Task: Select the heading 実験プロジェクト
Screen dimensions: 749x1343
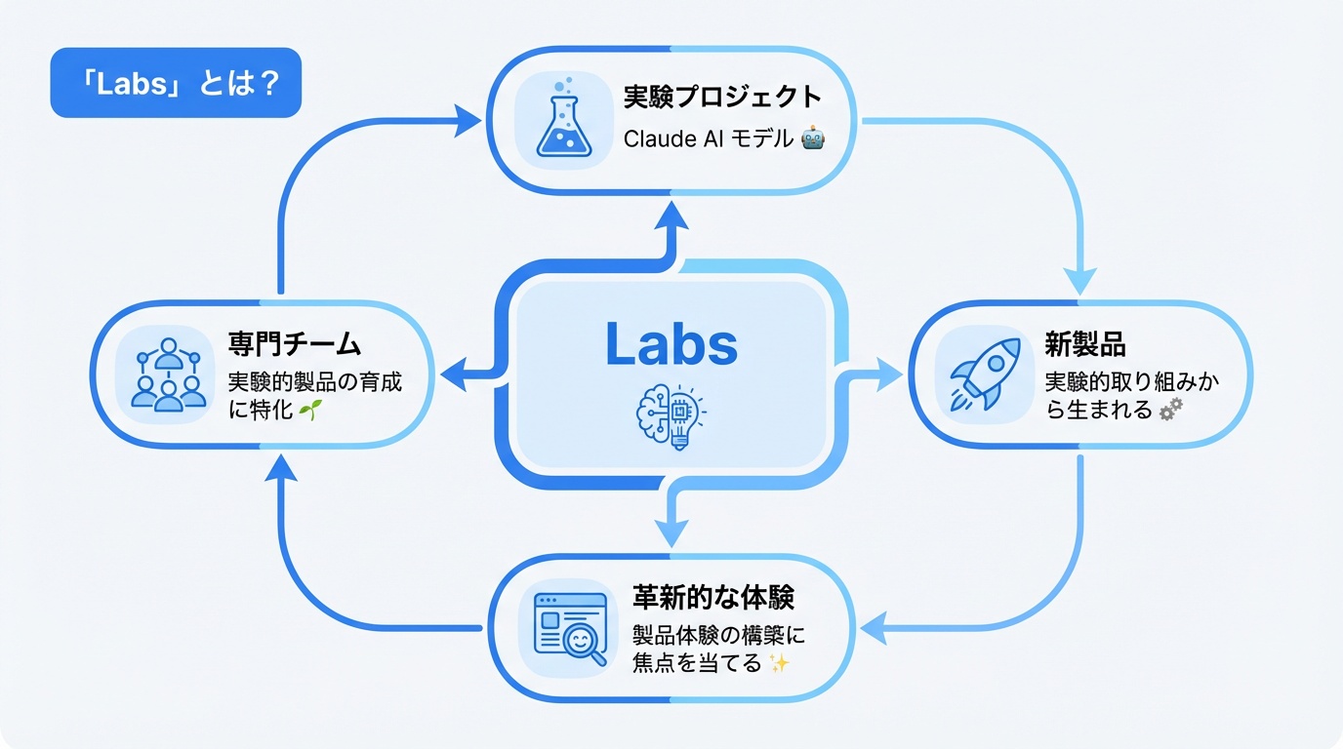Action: click(x=722, y=98)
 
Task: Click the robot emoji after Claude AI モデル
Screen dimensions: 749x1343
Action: click(x=812, y=139)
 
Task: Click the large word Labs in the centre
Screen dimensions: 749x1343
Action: click(x=671, y=343)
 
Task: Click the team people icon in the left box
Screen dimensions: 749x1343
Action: click(x=168, y=374)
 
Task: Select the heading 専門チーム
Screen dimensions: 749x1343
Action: click(x=295, y=343)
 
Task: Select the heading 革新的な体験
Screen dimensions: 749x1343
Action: click(x=713, y=597)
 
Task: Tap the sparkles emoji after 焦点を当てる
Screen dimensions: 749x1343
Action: click(x=778, y=665)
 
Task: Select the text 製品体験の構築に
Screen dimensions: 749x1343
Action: click(x=718, y=635)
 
